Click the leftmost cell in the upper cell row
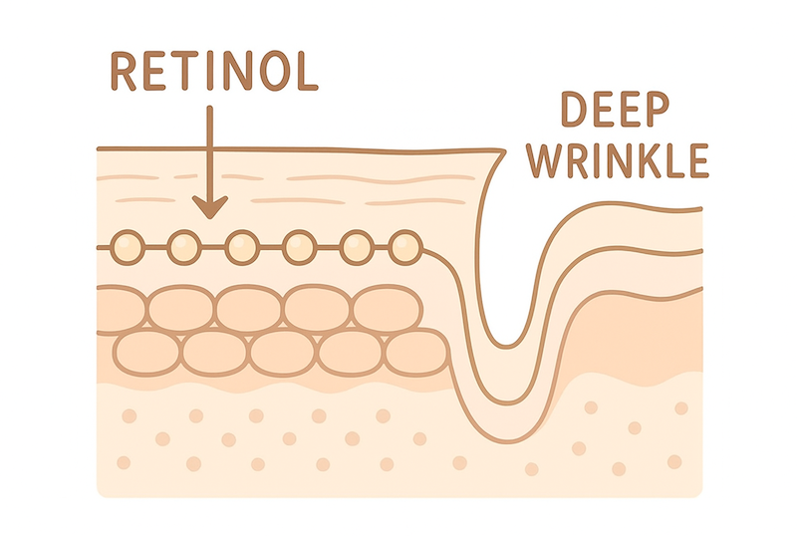[x=125, y=307]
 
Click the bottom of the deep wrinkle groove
[x=507, y=339]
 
